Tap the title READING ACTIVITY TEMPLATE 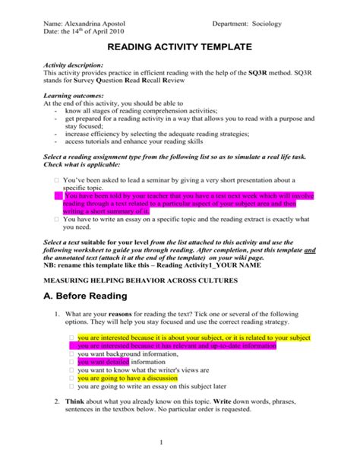(x=179, y=48)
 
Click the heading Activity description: (x=78, y=66)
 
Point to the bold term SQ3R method (x=279, y=74)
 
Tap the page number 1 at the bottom (x=180, y=442)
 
